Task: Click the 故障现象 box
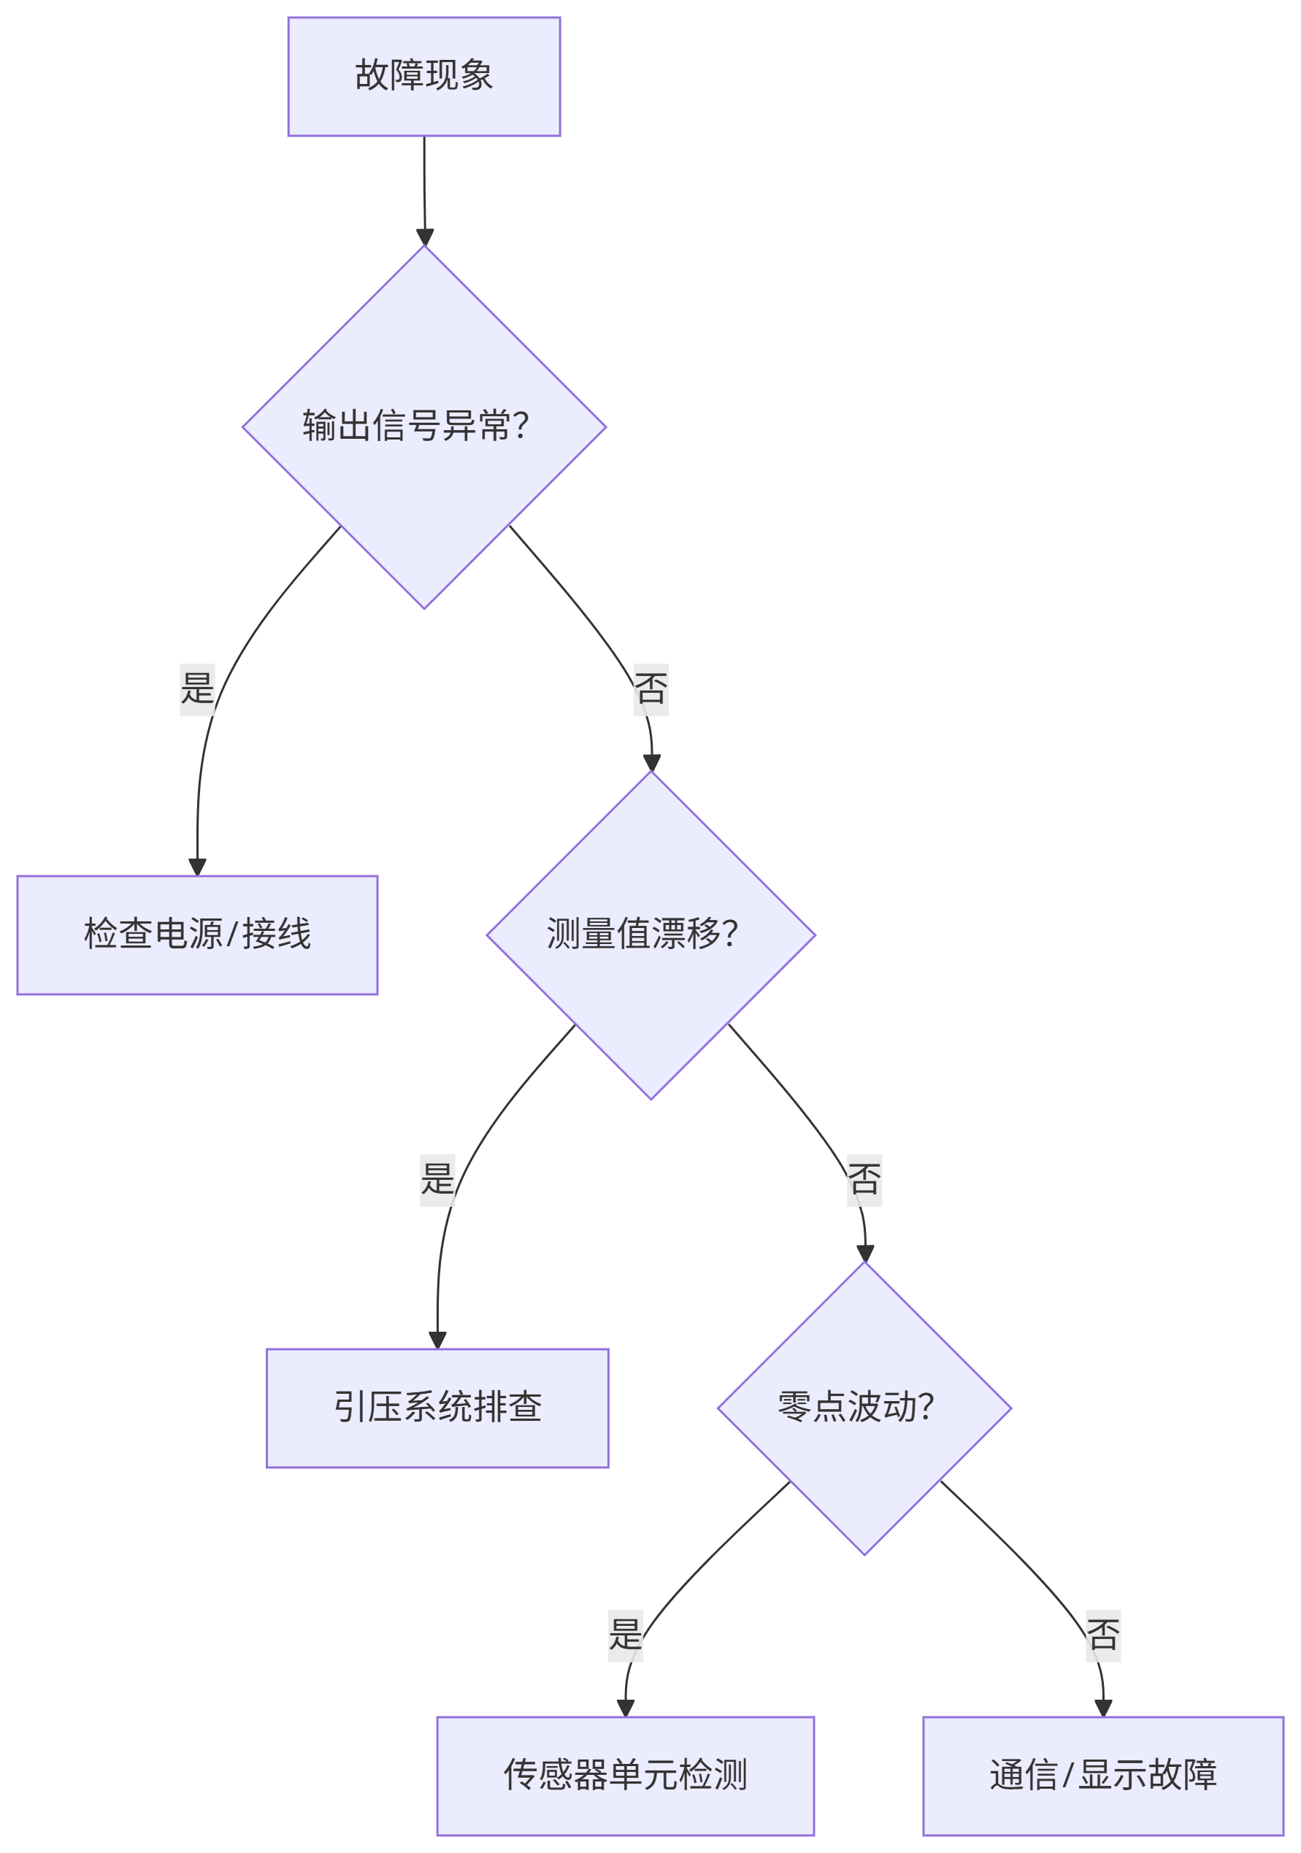(423, 77)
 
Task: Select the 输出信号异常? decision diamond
(423, 426)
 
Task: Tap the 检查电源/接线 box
(197, 935)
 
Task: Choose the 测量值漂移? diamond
(650, 935)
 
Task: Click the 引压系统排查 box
(437, 1408)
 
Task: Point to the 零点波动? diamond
(864, 1408)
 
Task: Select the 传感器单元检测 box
(625, 1776)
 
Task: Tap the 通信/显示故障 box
(1102, 1776)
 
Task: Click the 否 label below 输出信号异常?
(650, 689)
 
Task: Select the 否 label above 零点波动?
(864, 1180)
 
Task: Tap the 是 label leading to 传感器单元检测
(625, 1635)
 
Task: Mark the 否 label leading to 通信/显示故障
(1102, 1635)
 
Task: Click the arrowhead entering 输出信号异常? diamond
(424, 237)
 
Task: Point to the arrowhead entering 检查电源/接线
(197, 867)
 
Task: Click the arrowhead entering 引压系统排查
(437, 1340)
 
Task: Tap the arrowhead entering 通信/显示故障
(1102, 1708)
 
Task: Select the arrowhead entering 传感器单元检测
(625, 1708)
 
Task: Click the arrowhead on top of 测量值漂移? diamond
(651, 763)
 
